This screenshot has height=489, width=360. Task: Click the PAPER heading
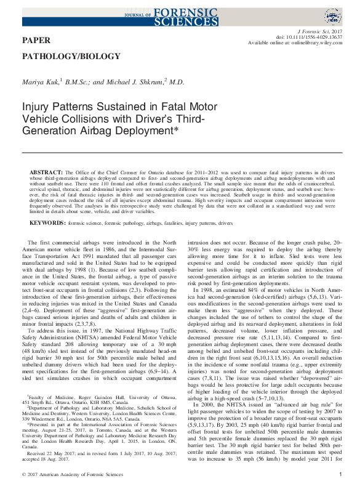36,41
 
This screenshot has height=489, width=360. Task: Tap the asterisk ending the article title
177,131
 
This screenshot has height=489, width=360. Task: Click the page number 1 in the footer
340,475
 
